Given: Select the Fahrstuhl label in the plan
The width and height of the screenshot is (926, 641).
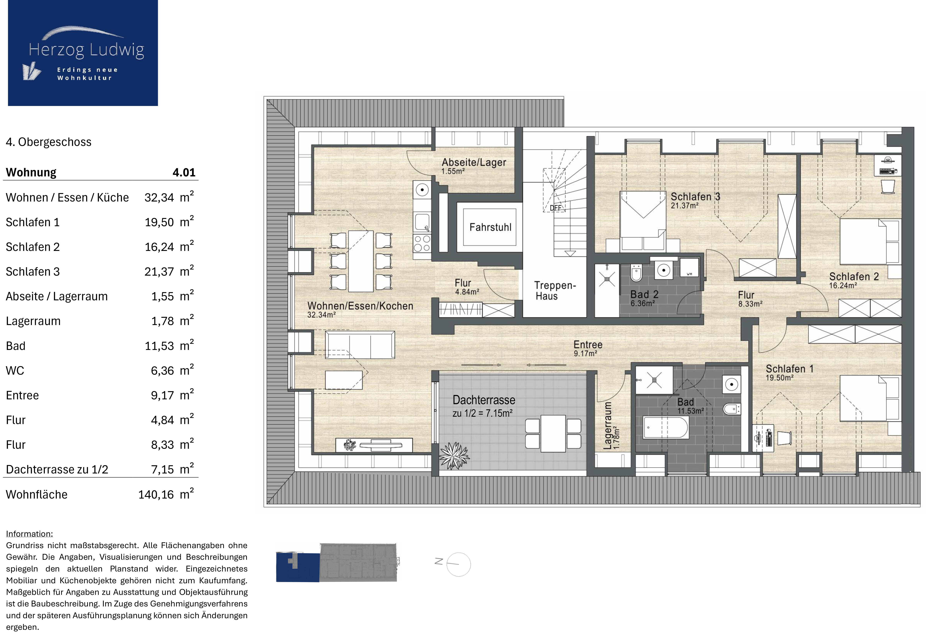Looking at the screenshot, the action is coord(490,227).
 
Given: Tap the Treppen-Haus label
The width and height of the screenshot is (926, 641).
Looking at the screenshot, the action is coord(555,291).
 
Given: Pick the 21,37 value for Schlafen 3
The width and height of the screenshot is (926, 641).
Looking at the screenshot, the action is coord(159,272).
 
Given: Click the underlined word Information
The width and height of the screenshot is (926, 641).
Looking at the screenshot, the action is coord(29,534).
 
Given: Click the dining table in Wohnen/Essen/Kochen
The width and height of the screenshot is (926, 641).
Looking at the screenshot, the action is coord(361,261).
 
